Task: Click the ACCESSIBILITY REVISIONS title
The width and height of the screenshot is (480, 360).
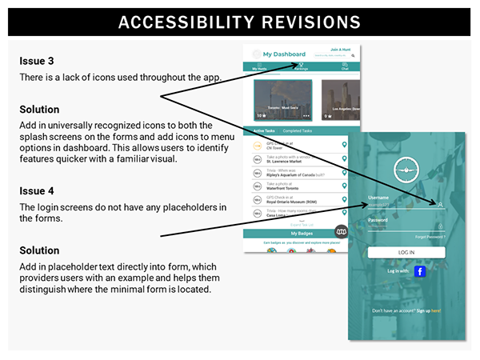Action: tap(239, 22)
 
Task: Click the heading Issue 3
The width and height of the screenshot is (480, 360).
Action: tap(36, 61)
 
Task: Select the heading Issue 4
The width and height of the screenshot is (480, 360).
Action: tap(36, 192)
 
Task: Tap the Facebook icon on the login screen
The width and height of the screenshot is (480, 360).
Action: tap(419, 271)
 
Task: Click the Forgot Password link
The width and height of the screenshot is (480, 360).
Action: tap(430, 237)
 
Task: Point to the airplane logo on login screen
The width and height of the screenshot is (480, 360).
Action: tap(406, 170)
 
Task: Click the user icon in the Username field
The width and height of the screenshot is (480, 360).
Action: tap(440, 205)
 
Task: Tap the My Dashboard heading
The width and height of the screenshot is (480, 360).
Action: tap(284, 54)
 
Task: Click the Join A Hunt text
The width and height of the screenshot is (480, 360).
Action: tap(342, 50)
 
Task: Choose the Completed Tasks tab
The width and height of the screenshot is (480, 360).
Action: tap(298, 130)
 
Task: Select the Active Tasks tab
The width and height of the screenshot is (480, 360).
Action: tap(263, 130)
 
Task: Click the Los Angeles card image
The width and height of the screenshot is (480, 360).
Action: tap(341, 99)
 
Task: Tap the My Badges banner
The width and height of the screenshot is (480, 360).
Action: tap(301, 234)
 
